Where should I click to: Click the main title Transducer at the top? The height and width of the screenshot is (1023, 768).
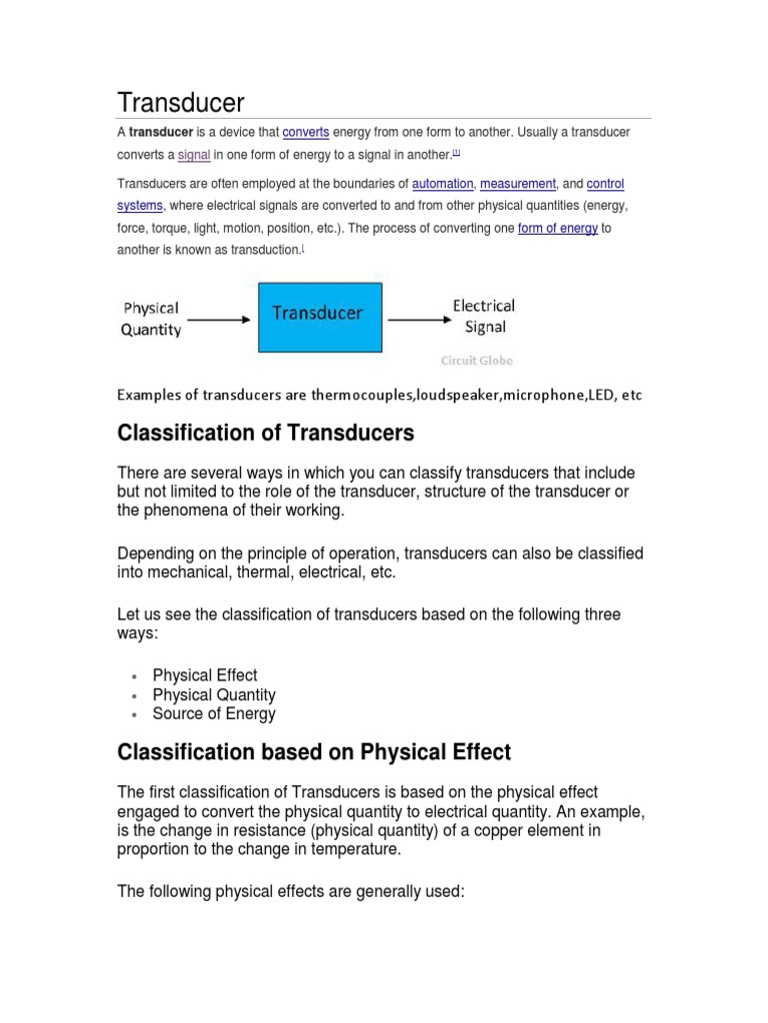tap(181, 102)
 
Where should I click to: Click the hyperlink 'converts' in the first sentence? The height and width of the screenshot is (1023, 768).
tap(306, 133)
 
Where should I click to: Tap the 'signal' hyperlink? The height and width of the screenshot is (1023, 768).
tap(194, 155)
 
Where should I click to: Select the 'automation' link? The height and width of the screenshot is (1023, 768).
tap(443, 184)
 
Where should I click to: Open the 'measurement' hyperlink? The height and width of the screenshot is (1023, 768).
tap(518, 184)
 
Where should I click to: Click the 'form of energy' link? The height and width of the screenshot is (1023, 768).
tap(558, 228)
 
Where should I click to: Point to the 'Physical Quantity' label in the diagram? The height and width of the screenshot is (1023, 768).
tap(151, 319)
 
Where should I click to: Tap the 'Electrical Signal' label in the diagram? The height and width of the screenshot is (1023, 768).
tap(484, 316)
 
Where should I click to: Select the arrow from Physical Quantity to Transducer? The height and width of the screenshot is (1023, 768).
tap(218, 320)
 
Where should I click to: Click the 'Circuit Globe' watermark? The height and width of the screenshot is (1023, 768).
tap(476, 361)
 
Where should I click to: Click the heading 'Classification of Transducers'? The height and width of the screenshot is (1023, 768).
tap(265, 434)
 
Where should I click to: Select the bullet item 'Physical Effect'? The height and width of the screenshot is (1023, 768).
tap(205, 675)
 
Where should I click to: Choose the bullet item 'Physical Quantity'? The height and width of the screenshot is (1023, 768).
tap(214, 694)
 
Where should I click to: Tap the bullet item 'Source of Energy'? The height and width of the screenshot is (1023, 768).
tap(214, 713)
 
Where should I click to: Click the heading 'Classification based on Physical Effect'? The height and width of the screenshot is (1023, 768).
tap(314, 752)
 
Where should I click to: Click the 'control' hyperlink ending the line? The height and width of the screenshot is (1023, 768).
tap(605, 184)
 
